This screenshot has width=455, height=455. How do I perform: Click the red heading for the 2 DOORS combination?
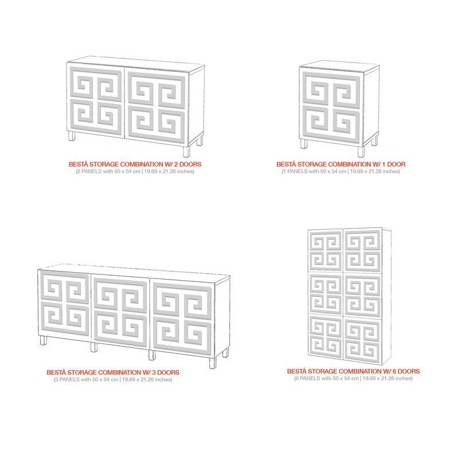[x=135, y=164]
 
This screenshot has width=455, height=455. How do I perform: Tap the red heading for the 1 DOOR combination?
[x=340, y=164]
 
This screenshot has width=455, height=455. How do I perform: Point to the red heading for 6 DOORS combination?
[x=353, y=371]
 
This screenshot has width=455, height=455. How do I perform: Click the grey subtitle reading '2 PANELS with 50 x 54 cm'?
[x=135, y=171]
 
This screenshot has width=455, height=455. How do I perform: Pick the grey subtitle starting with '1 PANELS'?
[x=340, y=171]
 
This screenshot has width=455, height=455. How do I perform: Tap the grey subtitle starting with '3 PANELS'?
[x=112, y=379]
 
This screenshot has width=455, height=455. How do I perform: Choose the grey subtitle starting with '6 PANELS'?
[x=353, y=378]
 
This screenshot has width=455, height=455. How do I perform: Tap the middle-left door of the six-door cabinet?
[x=325, y=293]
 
